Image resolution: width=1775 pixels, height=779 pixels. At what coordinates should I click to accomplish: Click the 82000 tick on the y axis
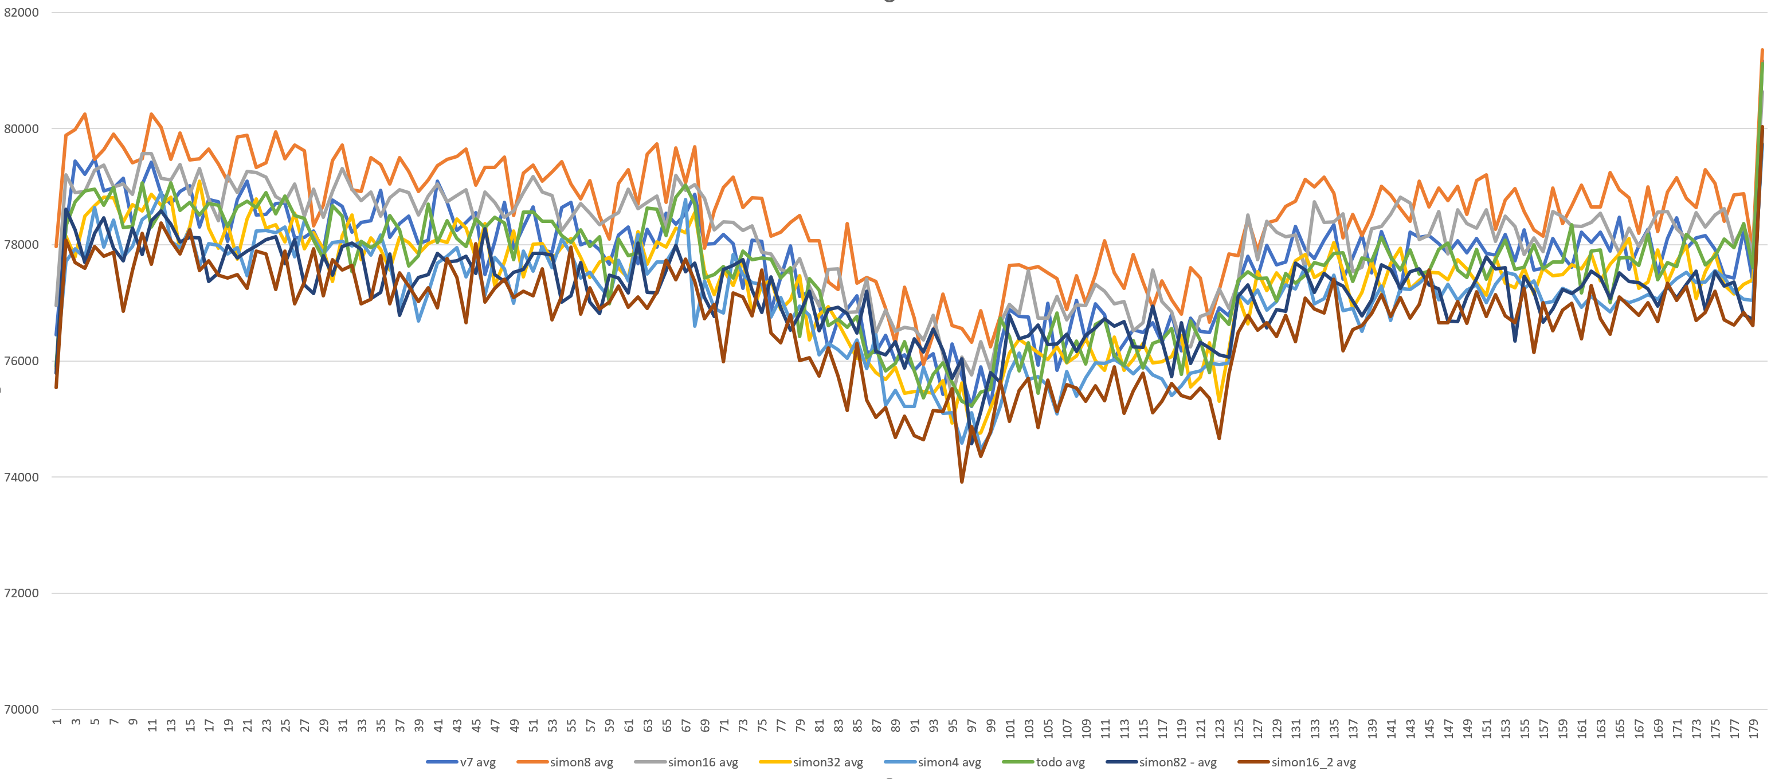point(21,13)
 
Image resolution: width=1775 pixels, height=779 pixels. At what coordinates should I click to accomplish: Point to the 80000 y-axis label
point(21,129)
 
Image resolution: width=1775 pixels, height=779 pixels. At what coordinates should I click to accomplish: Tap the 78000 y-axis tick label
point(21,245)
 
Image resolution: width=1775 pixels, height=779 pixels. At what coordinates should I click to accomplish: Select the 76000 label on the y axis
point(21,361)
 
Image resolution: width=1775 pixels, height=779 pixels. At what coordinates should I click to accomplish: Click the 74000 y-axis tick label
point(21,477)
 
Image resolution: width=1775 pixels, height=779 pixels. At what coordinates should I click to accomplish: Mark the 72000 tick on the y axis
point(21,593)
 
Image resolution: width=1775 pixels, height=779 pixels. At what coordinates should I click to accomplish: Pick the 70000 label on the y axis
point(21,710)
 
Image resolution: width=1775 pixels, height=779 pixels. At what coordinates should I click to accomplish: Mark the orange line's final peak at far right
point(1762,50)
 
